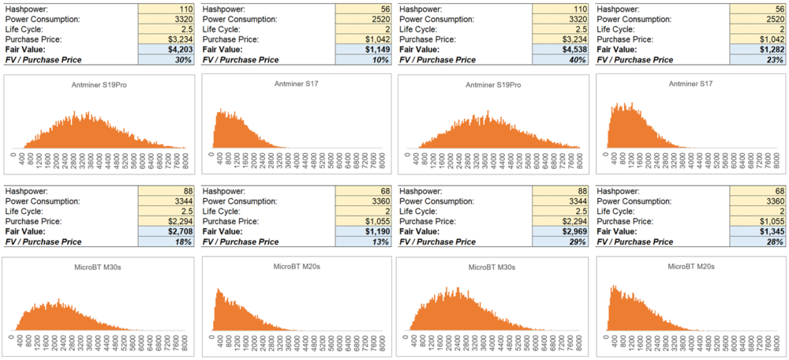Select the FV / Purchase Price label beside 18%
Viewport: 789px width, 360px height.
pyautogui.click(x=43, y=242)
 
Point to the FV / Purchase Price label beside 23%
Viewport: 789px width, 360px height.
pyautogui.click(x=635, y=60)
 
